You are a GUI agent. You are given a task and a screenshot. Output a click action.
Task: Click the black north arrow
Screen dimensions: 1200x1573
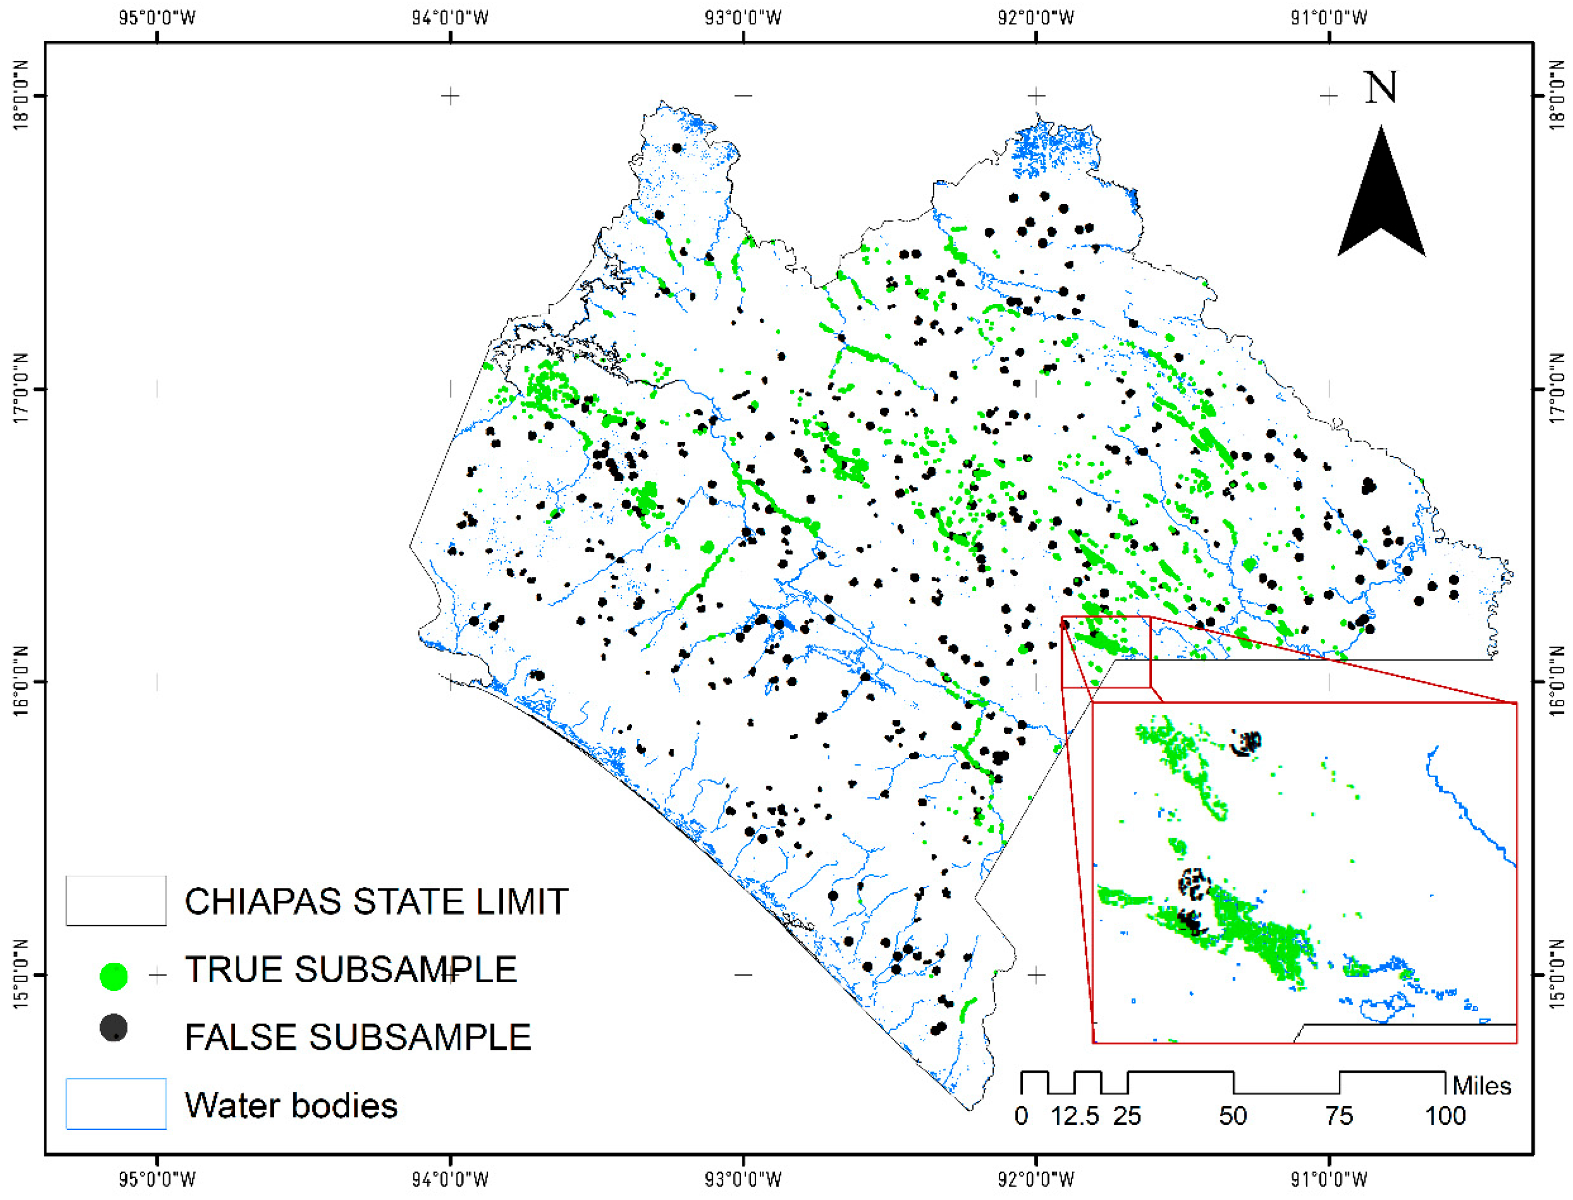click(x=1380, y=200)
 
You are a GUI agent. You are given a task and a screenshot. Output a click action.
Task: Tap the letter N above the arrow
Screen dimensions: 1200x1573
click(x=1380, y=87)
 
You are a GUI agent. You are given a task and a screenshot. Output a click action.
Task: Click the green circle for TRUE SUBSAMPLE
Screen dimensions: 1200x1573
click(x=114, y=976)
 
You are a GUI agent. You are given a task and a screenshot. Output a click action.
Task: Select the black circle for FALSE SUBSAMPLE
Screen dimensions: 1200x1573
click(x=114, y=1028)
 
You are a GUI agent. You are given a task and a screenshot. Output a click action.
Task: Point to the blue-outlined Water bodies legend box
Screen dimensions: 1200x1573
click(x=116, y=1104)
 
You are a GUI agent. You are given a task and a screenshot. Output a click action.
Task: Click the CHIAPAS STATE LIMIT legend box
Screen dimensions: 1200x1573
click(x=116, y=901)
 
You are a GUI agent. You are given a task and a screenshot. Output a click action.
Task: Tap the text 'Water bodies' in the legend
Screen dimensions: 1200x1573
click(x=290, y=1106)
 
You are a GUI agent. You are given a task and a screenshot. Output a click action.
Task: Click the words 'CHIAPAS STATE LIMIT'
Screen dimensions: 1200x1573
click(x=376, y=902)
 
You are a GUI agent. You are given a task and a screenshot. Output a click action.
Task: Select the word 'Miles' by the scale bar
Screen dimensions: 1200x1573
click(x=1482, y=1086)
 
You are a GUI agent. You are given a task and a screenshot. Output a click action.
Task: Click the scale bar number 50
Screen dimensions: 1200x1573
click(x=1233, y=1116)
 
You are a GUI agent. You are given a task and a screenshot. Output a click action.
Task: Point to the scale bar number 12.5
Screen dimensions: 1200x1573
click(x=1074, y=1116)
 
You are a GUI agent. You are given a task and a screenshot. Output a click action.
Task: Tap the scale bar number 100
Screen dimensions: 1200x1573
click(x=1445, y=1116)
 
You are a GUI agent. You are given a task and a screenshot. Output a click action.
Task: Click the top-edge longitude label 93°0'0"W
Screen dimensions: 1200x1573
click(x=743, y=18)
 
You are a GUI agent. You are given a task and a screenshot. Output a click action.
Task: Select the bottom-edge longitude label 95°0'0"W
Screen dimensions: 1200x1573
click(x=156, y=1179)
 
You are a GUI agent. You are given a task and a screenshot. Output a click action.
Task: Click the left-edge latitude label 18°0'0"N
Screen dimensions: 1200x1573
click(x=21, y=95)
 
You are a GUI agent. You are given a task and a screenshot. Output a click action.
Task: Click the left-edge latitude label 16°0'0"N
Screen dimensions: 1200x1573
click(x=21, y=681)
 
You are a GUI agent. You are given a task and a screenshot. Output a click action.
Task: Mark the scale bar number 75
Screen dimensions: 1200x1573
click(x=1339, y=1116)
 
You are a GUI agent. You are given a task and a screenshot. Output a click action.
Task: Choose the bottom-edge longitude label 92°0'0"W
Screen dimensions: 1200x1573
click(x=1036, y=1179)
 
